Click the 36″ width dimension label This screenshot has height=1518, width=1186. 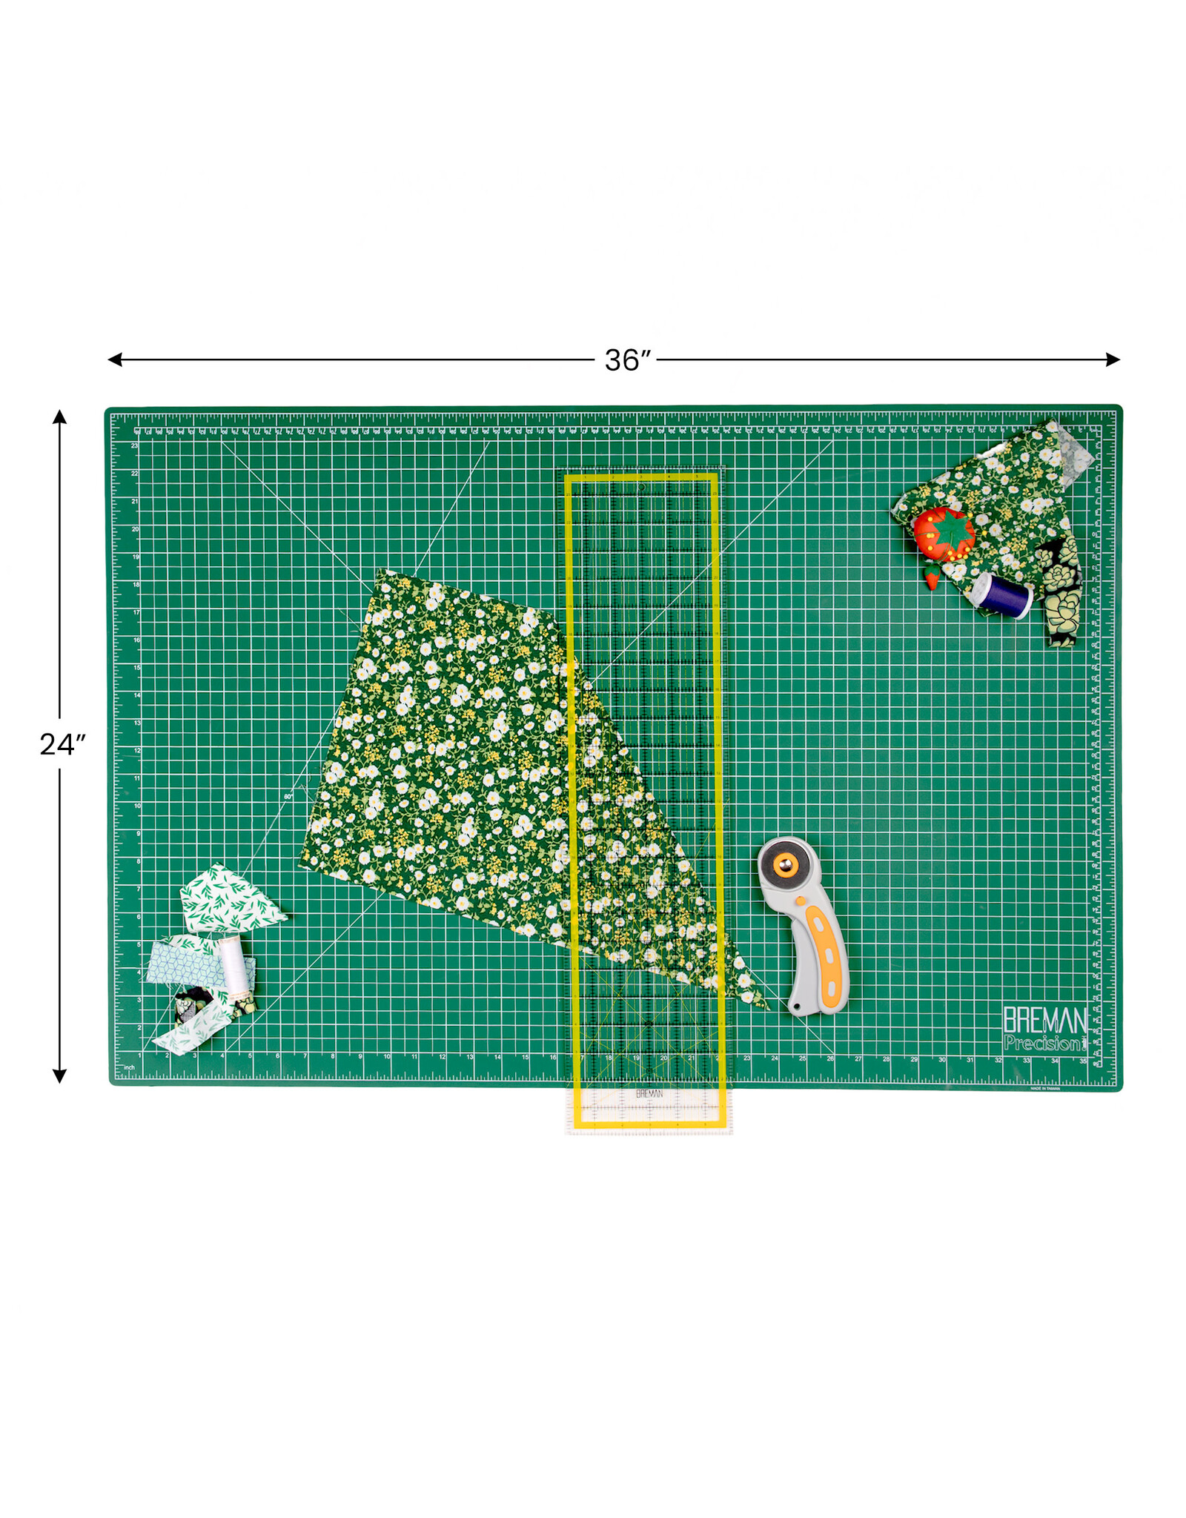click(627, 360)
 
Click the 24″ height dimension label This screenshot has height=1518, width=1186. click(62, 744)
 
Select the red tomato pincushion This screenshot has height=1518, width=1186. click(943, 533)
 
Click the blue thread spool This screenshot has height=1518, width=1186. click(1005, 595)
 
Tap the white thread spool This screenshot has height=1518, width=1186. click(233, 964)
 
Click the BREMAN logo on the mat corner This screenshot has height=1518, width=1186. click(1044, 1021)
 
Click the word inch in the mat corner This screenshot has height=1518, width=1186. click(129, 1068)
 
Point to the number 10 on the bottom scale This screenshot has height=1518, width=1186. click(387, 1057)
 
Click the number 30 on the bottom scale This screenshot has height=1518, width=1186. click(941, 1060)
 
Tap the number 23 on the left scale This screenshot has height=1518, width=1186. click(134, 445)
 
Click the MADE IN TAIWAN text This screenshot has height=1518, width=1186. click(1045, 1089)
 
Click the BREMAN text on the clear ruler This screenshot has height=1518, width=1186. click(649, 1094)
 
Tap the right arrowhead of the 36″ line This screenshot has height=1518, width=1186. click(1113, 359)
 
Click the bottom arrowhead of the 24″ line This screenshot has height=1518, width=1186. click(60, 1076)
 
